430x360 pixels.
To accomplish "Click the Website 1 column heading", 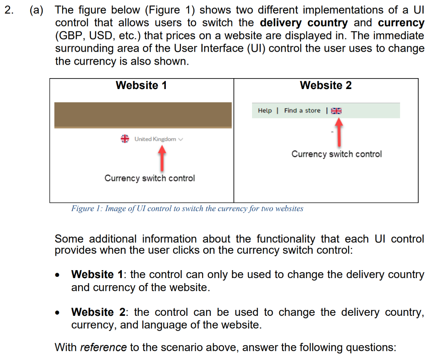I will point(141,86).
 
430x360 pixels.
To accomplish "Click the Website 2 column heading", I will point(326,86).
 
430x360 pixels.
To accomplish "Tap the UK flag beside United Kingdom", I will point(125,139).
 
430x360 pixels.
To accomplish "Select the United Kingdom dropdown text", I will point(155,139).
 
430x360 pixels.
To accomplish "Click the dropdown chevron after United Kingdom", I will point(181,139).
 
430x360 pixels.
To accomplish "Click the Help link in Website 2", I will point(265,110).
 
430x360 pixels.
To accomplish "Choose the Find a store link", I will point(302,110).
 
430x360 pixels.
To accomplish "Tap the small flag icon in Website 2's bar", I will point(336,111).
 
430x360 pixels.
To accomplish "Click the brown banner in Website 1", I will point(143,115).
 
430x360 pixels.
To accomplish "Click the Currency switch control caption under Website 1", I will point(149,178).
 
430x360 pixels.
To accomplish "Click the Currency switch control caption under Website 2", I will point(336,154).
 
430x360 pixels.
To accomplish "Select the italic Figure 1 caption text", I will point(187,209).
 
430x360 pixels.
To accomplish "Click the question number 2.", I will point(8,10).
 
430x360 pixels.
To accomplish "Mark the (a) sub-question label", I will point(36,10).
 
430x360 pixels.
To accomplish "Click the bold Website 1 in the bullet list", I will point(99,275).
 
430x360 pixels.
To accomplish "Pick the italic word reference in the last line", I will point(103,348).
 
